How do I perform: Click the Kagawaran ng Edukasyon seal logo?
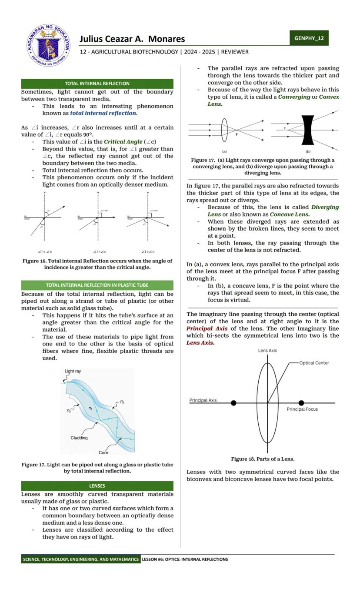[x=48, y=45]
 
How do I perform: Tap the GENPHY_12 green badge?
[x=309, y=38]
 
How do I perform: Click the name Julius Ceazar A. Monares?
[x=132, y=39]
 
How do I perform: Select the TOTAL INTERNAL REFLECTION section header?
[x=97, y=84]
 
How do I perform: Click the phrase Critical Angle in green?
[x=123, y=142]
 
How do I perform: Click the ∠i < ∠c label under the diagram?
[x=45, y=252]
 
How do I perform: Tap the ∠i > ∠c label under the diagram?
[x=148, y=252]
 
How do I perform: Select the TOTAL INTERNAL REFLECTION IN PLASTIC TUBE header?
[x=97, y=285]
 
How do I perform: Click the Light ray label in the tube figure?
[x=73, y=372]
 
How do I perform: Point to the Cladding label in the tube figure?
[x=79, y=438]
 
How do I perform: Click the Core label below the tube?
[x=103, y=453]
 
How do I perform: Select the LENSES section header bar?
[x=97, y=486]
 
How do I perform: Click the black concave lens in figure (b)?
[x=308, y=130]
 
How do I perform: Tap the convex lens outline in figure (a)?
[x=224, y=130]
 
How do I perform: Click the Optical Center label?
[x=314, y=363]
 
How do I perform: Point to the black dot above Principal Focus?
[x=301, y=403]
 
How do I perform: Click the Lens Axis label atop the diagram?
[x=267, y=351]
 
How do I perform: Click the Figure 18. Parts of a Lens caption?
[x=263, y=459]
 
